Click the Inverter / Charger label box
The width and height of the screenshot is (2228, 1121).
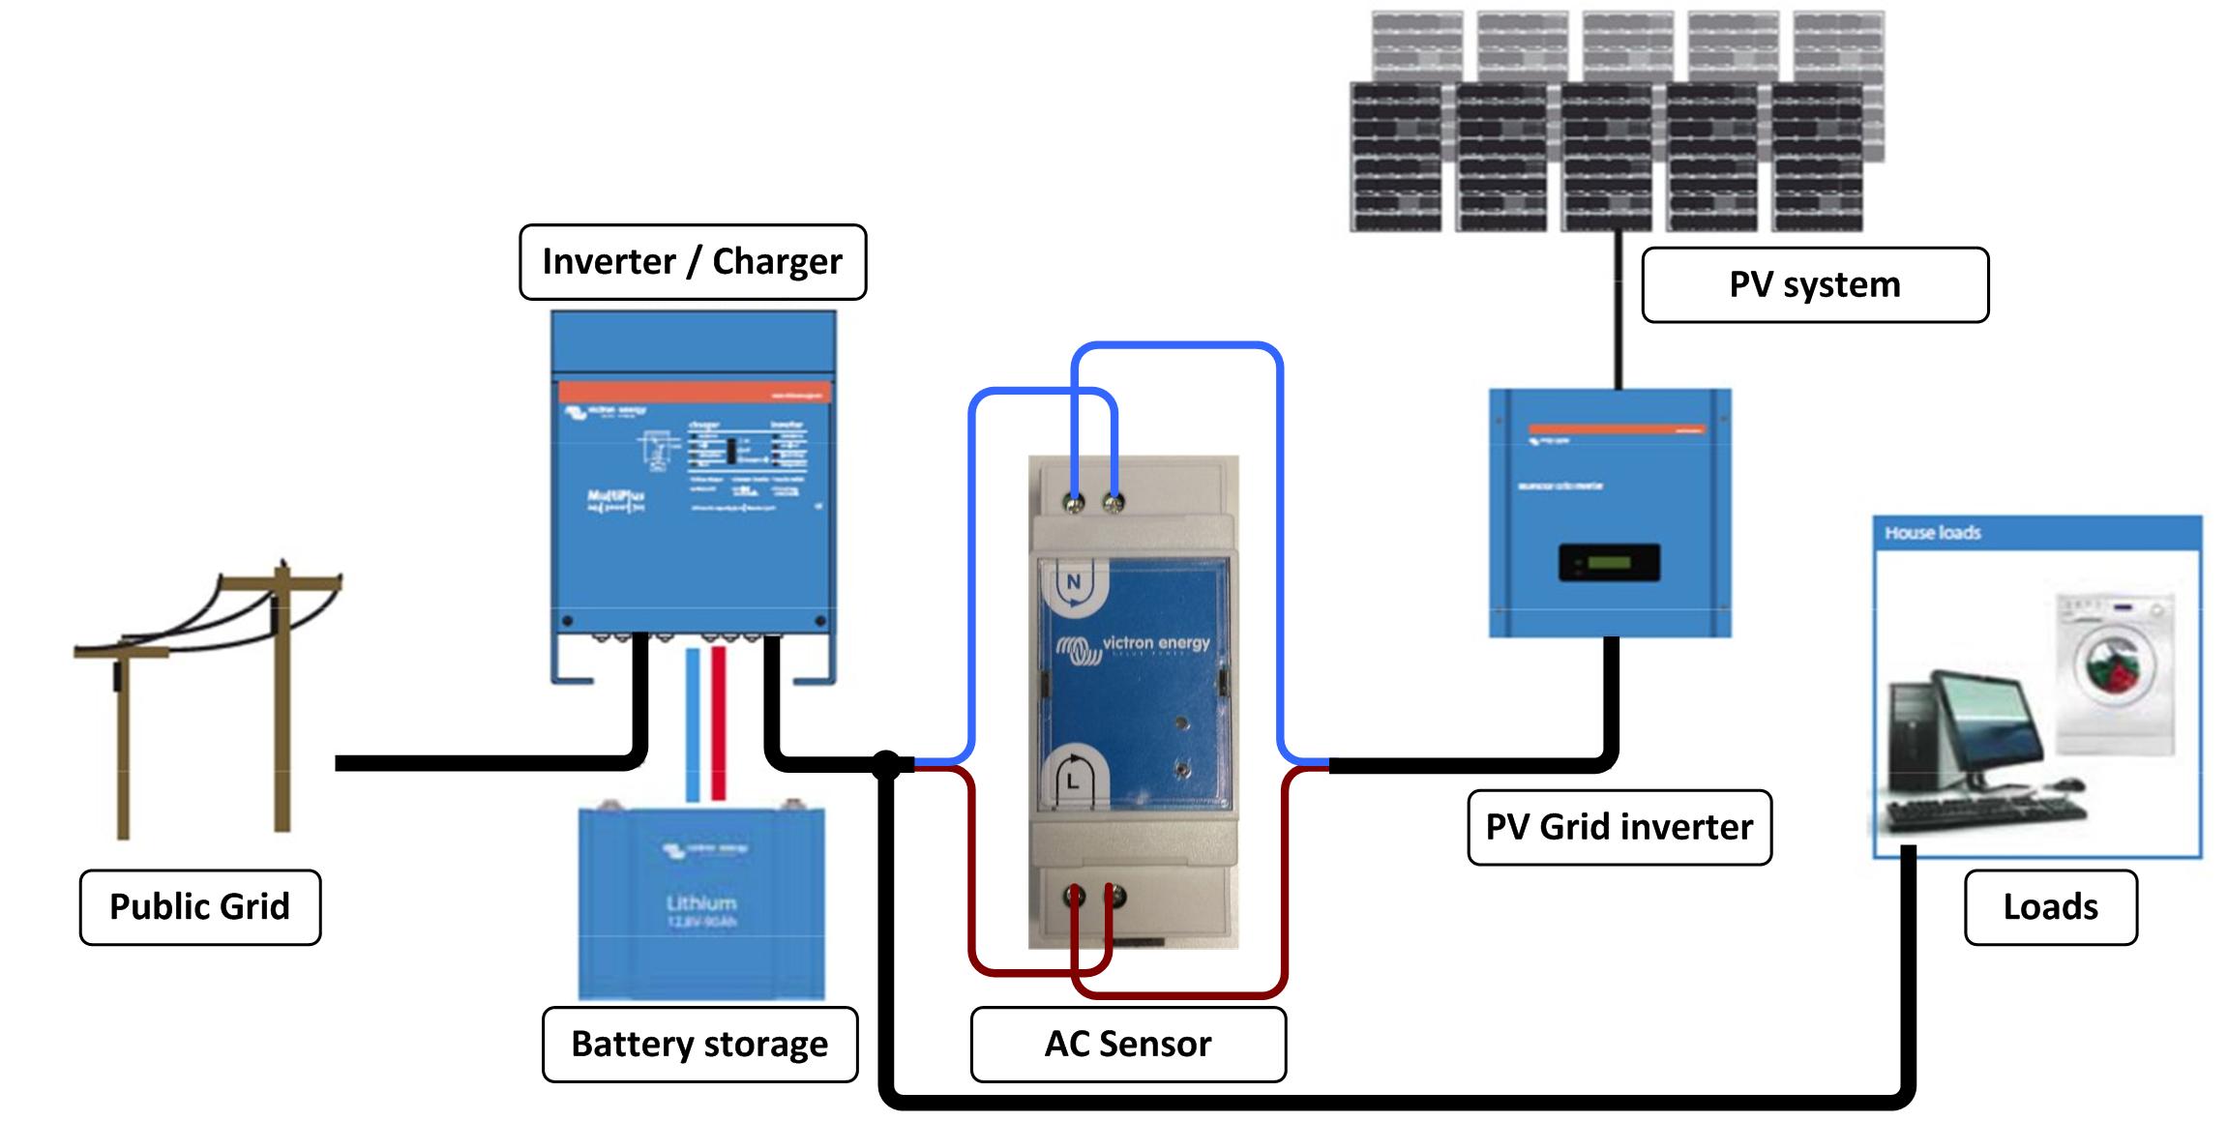693,262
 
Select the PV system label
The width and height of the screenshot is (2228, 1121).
1815,285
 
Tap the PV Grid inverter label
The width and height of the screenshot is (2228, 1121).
1619,828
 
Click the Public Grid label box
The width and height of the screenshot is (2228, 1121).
200,907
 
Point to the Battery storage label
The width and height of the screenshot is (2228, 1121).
699,1045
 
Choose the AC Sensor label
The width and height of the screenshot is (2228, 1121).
1128,1045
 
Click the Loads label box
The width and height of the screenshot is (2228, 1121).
2050,907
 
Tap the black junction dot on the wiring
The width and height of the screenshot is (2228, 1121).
886,765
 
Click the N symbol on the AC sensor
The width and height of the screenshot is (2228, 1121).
1073,582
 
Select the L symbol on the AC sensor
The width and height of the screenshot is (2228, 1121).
1072,780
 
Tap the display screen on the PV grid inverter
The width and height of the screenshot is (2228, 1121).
1609,562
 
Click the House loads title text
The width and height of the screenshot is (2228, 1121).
1932,533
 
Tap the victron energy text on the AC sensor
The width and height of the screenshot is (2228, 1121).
1156,643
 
